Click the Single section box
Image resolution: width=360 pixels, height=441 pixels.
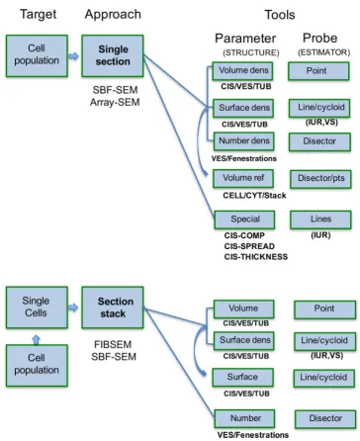click(113, 56)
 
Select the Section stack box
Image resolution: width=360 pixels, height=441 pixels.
click(113, 308)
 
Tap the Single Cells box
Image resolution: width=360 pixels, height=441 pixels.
click(37, 308)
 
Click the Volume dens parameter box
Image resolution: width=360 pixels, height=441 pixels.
click(242, 71)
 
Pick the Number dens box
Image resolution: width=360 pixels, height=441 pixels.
click(244, 141)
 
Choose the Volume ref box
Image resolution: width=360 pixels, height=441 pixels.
click(243, 179)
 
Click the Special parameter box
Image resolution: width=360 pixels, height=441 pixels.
click(244, 220)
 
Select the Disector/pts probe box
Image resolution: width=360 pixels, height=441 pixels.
click(320, 179)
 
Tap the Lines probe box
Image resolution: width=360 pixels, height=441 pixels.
click(320, 220)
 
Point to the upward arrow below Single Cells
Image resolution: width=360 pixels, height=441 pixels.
click(37, 340)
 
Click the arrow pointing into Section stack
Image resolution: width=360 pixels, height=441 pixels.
click(73, 308)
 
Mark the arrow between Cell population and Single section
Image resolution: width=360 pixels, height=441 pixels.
click(73, 56)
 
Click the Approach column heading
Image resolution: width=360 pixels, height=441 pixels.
click(113, 15)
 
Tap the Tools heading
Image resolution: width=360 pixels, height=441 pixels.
click(280, 15)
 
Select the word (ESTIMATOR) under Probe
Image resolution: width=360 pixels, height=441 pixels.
click(324, 52)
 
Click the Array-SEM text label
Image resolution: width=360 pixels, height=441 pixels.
click(115, 102)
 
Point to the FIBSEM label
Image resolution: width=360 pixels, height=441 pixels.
click(113, 344)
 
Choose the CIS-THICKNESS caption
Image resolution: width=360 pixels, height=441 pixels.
click(256, 257)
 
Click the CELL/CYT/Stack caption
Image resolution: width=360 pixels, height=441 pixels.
click(254, 196)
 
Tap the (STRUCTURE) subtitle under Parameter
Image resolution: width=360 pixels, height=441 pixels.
click(251, 52)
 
